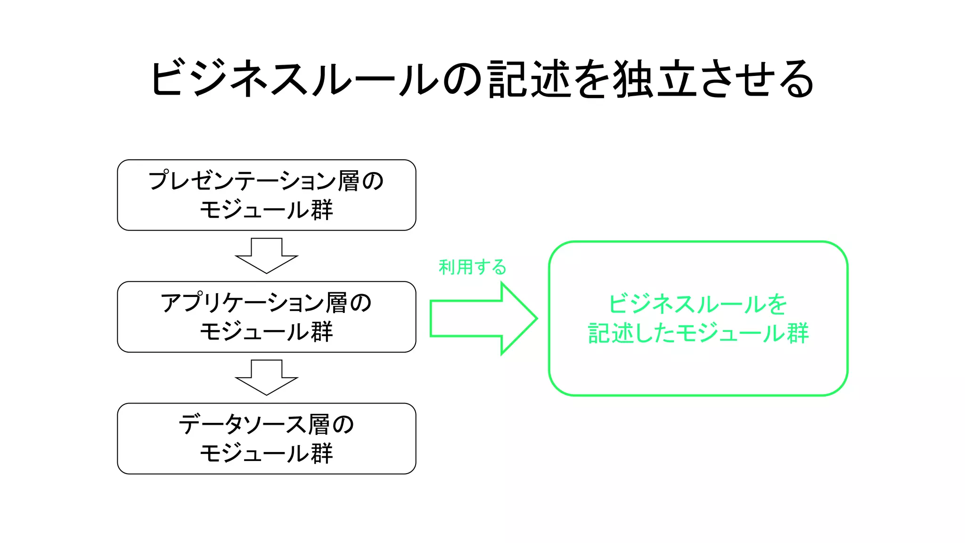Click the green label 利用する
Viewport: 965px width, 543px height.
point(472,267)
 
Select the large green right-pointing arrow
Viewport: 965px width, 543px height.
point(483,319)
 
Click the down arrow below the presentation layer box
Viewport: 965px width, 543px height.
point(267,256)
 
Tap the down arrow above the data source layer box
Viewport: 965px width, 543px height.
point(267,378)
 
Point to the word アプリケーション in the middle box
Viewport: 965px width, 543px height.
point(242,303)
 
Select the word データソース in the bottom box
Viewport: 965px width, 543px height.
point(242,424)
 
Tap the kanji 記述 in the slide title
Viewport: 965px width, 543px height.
point(530,79)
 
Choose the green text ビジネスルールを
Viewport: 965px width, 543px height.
point(698,304)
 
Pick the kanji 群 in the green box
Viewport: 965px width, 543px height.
point(797,333)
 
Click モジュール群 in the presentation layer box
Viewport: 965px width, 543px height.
point(267,210)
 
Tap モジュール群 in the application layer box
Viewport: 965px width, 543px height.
point(267,331)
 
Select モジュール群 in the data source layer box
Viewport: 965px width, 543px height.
point(267,453)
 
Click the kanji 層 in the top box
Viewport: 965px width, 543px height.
point(348,181)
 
